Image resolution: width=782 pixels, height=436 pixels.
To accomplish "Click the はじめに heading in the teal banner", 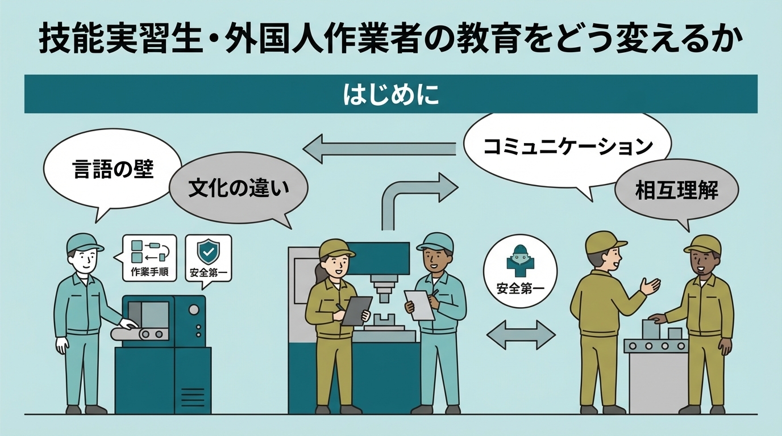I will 390,94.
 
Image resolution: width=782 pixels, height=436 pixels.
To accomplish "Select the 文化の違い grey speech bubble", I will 238,187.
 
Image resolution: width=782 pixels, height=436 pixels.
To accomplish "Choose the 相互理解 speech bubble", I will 676,190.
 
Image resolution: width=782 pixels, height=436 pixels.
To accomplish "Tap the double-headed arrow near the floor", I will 521,334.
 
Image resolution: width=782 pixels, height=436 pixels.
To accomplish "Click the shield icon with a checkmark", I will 208,250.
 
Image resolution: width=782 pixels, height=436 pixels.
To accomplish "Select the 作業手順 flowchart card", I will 149,258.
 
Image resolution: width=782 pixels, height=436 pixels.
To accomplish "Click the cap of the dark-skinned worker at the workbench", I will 704,244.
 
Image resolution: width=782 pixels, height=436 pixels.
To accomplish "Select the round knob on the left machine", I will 194,309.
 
